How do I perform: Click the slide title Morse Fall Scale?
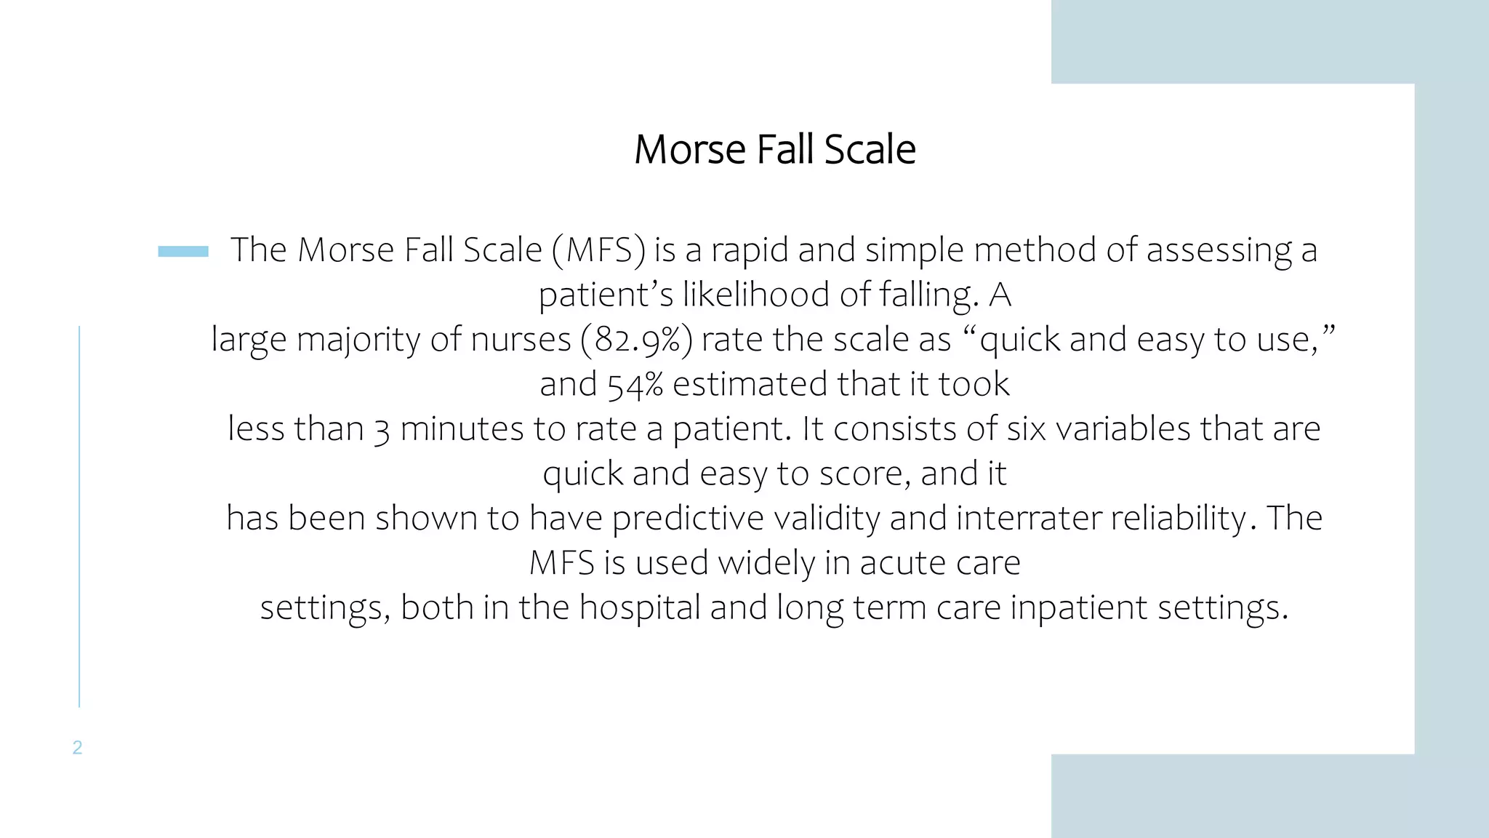(x=774, y=150)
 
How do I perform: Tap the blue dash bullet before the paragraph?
(x=183, y=252)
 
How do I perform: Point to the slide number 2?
(x=77, y=747)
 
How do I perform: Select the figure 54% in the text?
(x=635, y=384)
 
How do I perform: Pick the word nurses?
(x=521, y=340)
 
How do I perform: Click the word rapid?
(x=749, y=251)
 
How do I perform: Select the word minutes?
(x=462, y=428)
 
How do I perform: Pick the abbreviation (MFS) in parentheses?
(x=598, y=250)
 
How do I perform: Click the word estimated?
(x=750, y=384)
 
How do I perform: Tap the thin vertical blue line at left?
(x=79, y=516)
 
